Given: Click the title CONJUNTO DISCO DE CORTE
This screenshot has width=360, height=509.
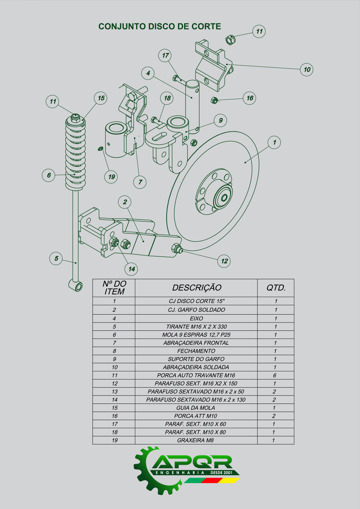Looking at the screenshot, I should click(159, 27).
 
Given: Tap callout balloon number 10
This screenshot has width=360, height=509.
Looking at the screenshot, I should click(307, 69).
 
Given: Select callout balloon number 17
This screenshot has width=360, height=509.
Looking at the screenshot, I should click(165, 55).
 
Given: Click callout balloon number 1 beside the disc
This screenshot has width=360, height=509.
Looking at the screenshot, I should click(274, 142).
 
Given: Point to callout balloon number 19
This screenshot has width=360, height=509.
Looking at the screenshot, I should click(112, 177).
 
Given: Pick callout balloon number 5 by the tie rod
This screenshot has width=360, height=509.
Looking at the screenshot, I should click(56, 258).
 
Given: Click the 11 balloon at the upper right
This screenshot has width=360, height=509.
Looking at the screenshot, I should click(259, 31).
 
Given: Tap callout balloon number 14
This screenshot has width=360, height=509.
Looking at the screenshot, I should click(131, 269).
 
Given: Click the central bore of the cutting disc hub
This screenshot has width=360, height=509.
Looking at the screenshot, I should click(224, 198).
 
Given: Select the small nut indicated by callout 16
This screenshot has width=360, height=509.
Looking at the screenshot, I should click(214, 100).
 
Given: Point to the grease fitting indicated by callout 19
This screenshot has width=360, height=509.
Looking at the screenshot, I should click(101, 149).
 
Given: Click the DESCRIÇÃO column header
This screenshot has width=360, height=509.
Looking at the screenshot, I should click(197, 288).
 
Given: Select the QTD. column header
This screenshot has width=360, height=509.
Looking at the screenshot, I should click(276, 288).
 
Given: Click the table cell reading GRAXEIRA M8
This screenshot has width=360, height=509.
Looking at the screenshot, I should click(196, 440).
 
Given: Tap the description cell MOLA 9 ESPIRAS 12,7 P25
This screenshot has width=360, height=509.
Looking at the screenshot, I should click(196, 335).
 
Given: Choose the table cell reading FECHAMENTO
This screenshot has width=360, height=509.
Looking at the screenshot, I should click(196, 351).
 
